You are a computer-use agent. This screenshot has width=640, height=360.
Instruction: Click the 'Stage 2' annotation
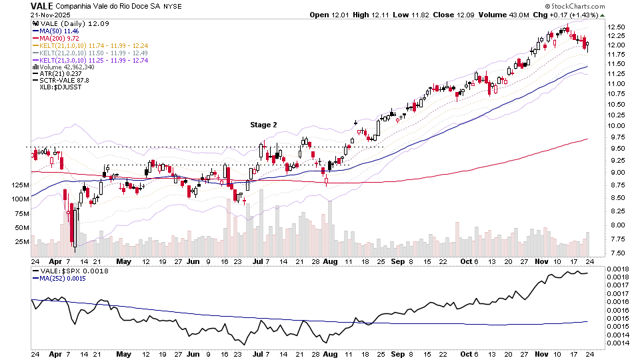coord(263,125)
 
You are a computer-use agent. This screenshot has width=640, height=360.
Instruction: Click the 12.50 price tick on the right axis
coord(617,27)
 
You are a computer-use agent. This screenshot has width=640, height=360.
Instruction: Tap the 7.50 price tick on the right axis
coord(617,253)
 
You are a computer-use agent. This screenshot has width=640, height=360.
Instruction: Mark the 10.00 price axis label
coord(617,125)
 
